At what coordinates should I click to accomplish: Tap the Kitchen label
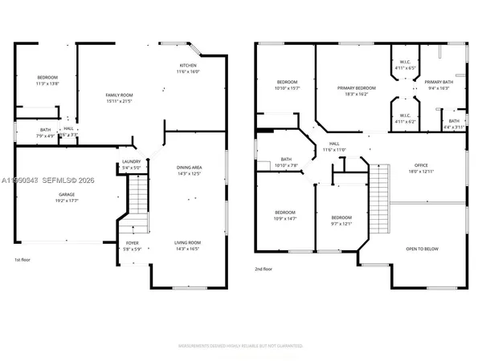(188, 68)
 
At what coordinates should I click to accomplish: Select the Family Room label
(119, 99)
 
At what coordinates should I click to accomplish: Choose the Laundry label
(131, 165)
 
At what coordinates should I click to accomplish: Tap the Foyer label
(133, 245)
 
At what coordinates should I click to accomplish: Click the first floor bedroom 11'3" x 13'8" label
(47, 80)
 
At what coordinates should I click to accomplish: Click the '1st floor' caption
(23, 260)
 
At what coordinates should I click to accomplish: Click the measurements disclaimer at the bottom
(240, 347)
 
